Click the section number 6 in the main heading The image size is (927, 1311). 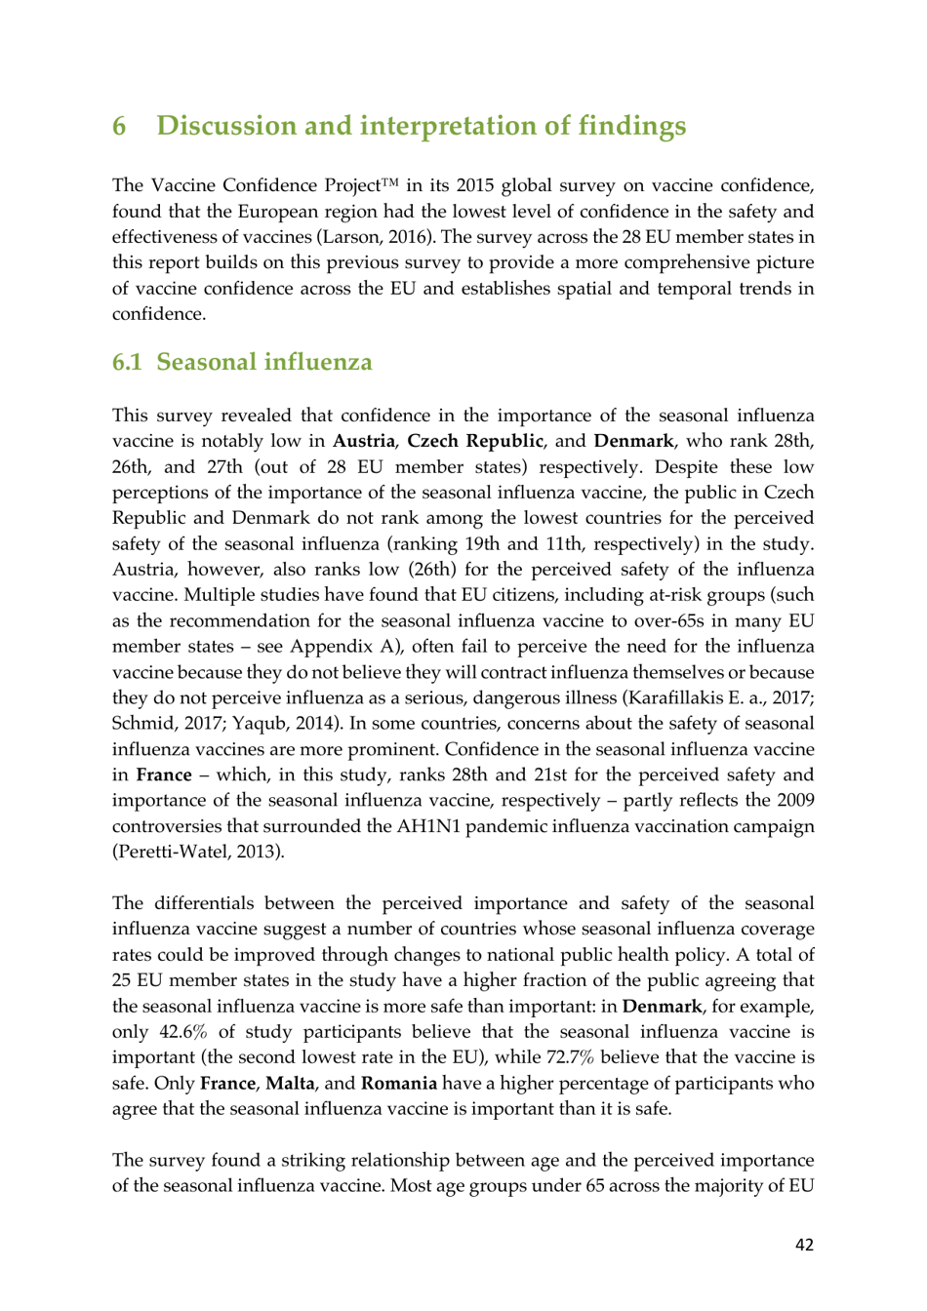[x=119, y=127]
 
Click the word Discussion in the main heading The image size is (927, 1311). [x=225, y=127]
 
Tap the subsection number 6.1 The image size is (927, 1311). [x=127, y=363]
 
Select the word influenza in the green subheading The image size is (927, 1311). [x=318, y=363]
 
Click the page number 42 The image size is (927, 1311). [x=804, y=1245]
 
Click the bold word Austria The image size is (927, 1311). [x=363, y=441]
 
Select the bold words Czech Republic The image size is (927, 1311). [x=474, y=441]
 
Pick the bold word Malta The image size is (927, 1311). [x=290, y=1084]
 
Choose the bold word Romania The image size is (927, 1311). [x=398, y=1084]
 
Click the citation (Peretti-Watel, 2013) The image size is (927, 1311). [x=198, y=852]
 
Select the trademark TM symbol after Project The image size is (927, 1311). [x=390, y=182]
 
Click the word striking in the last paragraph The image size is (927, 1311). [x=310, y=1161]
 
